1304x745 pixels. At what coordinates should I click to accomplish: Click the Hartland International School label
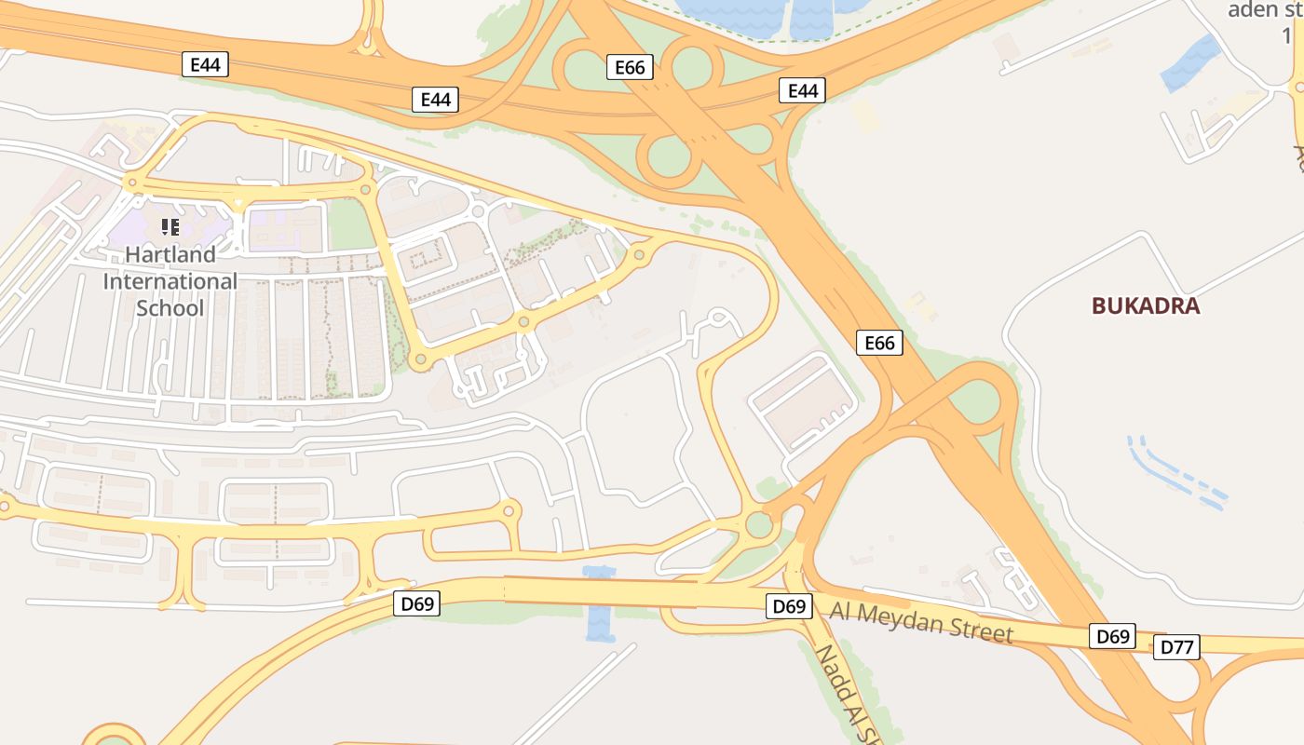tap(170, 280)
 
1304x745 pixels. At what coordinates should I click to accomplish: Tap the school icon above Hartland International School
tap(170, 226)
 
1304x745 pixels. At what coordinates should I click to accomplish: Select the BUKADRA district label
tap(1145, 305)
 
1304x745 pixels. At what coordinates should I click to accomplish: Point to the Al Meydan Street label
tap(920, 622)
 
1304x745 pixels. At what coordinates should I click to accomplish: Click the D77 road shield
tap(1176, 647)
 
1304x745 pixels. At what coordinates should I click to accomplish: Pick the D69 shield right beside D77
tap(1112, 637)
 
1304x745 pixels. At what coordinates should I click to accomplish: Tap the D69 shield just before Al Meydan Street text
tap(789, 606)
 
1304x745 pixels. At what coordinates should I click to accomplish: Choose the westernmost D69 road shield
tap(416, 603)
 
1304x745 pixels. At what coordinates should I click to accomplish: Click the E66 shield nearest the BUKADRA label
tap(879, 343)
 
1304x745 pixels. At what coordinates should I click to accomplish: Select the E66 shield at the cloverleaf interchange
tap(630, 67)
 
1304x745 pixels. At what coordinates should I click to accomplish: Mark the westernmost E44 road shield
tap(204, 64)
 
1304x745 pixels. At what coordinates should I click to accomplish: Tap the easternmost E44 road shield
tap(802, 90)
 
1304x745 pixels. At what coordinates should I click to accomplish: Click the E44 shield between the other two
tap(435, 100)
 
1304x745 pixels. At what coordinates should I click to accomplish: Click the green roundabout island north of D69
tap(759, 525)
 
